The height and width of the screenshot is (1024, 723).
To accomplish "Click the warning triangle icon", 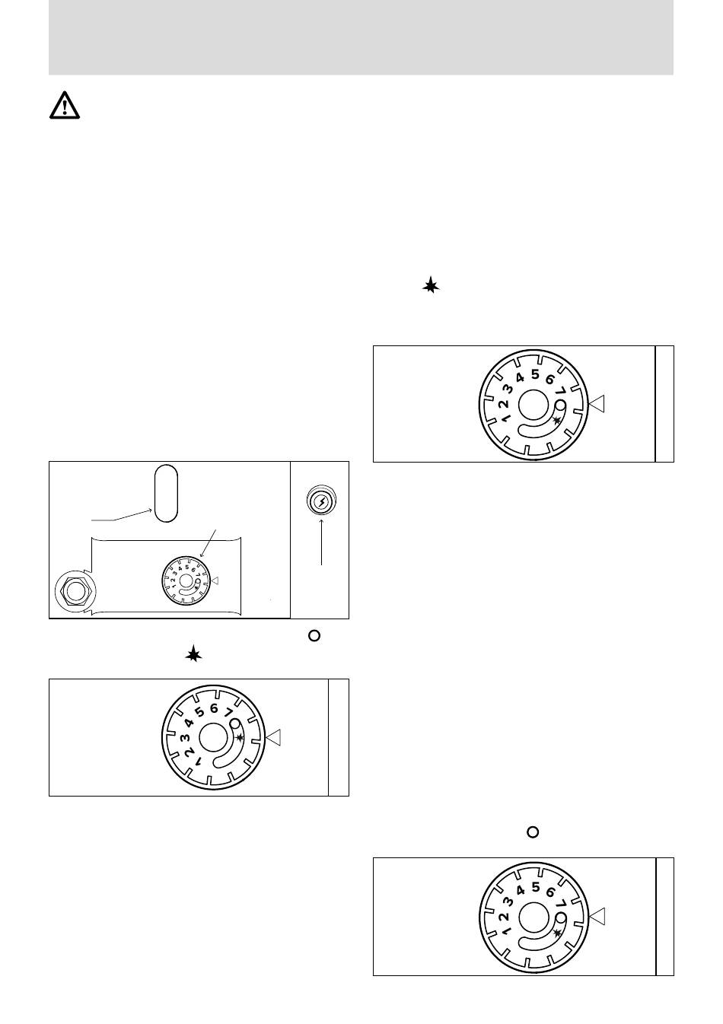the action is coord(65,106).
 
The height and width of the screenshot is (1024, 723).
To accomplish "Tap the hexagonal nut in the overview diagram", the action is coord(75,591).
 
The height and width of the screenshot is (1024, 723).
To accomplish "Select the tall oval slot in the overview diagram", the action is coord(166,493).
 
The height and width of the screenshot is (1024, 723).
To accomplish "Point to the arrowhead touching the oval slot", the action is coord(150,510).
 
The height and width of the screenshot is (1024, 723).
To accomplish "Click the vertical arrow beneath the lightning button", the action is coord(321,542).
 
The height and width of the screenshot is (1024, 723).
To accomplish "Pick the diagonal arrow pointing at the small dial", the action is coord(208,543).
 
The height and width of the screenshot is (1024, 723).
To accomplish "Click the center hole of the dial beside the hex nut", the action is coord(186,580).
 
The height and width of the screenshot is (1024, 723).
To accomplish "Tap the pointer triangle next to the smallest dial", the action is coord(214,580).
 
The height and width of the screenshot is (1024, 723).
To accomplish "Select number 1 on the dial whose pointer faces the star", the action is coord(198,761).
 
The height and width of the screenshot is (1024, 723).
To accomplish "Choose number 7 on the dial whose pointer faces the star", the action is coord(228,713).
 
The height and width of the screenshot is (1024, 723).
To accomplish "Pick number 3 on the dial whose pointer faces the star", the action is coord(184,737).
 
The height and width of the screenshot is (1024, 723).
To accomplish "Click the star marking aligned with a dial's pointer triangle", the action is coord(239,737).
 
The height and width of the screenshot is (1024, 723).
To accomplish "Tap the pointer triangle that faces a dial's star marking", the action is coord(273,737).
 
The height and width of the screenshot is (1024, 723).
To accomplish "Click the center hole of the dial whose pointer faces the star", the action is coord(213,737).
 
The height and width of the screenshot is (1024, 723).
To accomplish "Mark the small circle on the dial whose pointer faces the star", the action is coord(235,723).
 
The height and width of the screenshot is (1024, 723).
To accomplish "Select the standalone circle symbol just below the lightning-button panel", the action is coord(314,635).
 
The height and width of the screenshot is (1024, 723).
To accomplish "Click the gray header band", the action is coord(361,37).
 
